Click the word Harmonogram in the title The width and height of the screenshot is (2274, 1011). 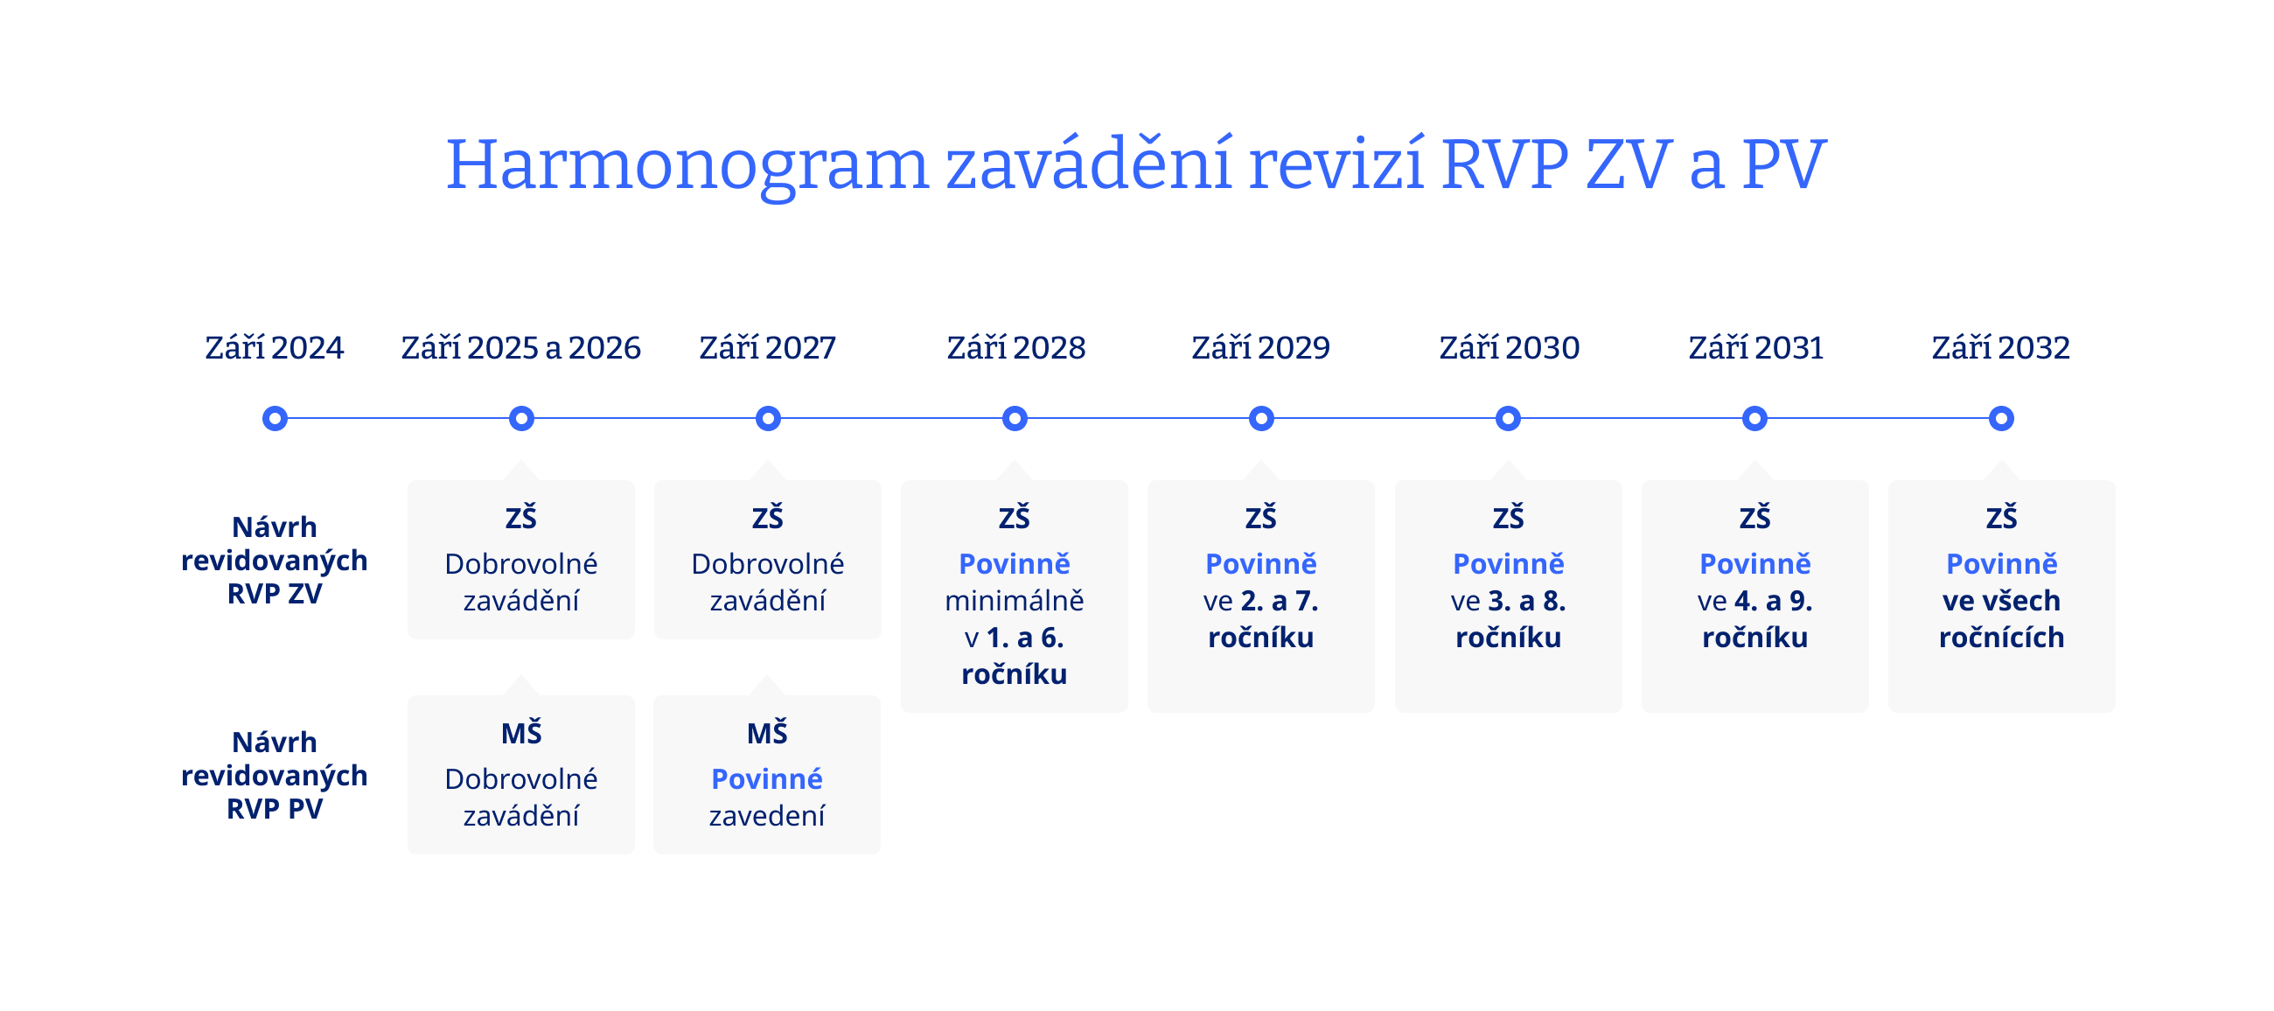[687, 166]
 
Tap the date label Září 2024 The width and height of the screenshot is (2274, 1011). [275, 348]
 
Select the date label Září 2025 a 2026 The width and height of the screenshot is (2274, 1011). [520, 348]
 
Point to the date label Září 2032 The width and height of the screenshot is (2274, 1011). [2000, 348]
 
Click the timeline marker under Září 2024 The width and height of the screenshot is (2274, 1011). [275, 419]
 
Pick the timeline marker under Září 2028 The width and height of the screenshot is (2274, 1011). [1015, 419]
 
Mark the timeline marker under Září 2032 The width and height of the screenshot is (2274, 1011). [2000, 419]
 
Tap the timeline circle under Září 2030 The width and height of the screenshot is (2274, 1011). [1508, 419]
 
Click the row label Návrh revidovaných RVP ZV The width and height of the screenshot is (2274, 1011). [275, 561]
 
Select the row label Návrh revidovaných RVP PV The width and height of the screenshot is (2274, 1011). [275, 775]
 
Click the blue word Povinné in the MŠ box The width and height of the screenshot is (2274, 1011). [766, 778]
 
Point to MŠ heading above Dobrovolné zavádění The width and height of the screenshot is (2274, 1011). [520, 733]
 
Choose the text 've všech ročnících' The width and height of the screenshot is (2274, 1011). [2001, 619]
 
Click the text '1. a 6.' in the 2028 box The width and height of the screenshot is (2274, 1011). [1024, 638]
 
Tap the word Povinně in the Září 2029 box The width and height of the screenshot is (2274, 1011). [1260, 563]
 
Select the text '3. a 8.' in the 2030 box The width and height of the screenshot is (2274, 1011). [1526, 601]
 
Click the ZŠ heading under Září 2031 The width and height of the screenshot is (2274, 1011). [1754, 518]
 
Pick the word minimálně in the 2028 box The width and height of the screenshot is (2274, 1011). [1015, 601]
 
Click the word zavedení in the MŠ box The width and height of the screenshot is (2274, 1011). [766, 816]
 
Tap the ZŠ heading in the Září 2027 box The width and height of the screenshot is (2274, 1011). [767, 518]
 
